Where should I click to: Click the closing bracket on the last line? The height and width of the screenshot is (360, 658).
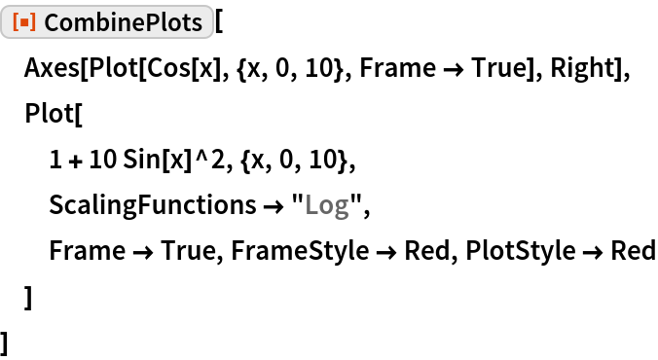click(x=8, y=342)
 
